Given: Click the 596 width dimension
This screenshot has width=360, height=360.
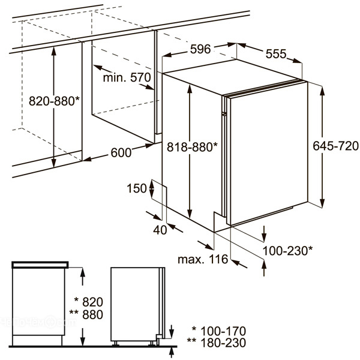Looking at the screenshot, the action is point(200,49).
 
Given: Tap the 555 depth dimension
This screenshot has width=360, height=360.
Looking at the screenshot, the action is point(276,54).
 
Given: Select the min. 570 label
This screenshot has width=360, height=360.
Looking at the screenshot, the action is point(127,77).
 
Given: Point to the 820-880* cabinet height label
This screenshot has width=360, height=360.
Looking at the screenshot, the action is point(54,101).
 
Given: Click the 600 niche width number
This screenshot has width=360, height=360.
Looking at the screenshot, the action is point(121,152).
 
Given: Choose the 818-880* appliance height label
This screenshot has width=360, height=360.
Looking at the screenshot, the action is point(192,147).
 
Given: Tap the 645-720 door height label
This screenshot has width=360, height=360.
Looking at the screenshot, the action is point(335,146).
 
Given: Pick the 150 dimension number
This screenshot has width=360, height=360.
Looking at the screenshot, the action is point(137,188).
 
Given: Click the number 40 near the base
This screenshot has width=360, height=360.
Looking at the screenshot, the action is point(160,230).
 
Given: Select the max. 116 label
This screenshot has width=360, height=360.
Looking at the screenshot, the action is point(203,259).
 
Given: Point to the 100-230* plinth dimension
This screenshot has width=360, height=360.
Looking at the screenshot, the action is point(287,250).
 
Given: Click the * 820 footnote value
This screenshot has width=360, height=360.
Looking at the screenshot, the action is point(89,302).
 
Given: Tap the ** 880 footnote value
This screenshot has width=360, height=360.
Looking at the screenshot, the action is point(86,314).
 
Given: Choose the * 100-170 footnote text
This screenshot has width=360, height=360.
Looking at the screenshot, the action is point(219,331).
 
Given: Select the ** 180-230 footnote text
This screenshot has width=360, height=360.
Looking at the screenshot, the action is point(217,343).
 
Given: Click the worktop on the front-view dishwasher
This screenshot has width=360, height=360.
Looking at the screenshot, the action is point(40,265).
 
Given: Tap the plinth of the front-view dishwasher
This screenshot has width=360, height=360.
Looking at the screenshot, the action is point(37,340).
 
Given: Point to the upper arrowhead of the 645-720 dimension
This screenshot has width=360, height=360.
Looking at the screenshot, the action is point(322,91).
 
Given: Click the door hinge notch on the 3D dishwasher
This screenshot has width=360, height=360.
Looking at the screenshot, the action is point(224,113).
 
